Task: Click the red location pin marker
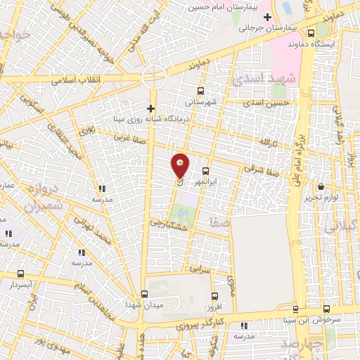point(181,166)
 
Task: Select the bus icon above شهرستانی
point(201,91)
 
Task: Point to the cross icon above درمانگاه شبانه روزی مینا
point(150,108)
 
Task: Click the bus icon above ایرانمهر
point(205,171)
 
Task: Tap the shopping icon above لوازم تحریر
point(321,186)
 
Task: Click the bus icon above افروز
point(214,296)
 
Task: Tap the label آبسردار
point(20,285)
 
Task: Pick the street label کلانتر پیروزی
point(199,323)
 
